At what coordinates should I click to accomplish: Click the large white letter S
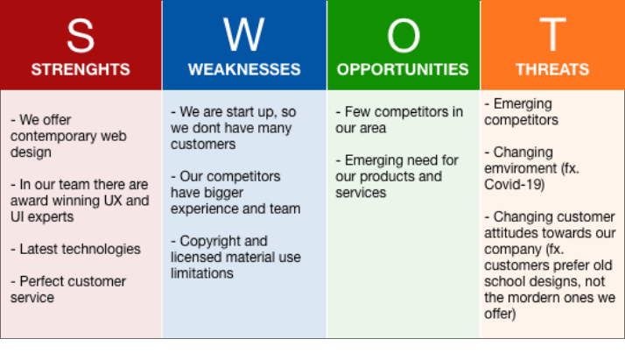[81, 36]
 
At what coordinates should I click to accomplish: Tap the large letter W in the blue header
[244, 35]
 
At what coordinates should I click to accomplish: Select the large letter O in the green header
[404, 36]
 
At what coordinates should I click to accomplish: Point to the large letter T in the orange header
[552, 35]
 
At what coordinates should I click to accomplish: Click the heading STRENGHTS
[81, 69]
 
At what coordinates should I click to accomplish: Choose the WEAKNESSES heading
[244, 69]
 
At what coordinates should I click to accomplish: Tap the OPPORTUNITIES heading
[403, 69]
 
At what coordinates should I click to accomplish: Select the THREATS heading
[552, 69]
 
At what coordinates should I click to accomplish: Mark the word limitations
[202, 273]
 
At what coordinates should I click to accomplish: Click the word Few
[357, 112]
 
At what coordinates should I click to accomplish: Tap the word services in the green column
[361, 193]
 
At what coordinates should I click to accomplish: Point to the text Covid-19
[514, 185]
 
